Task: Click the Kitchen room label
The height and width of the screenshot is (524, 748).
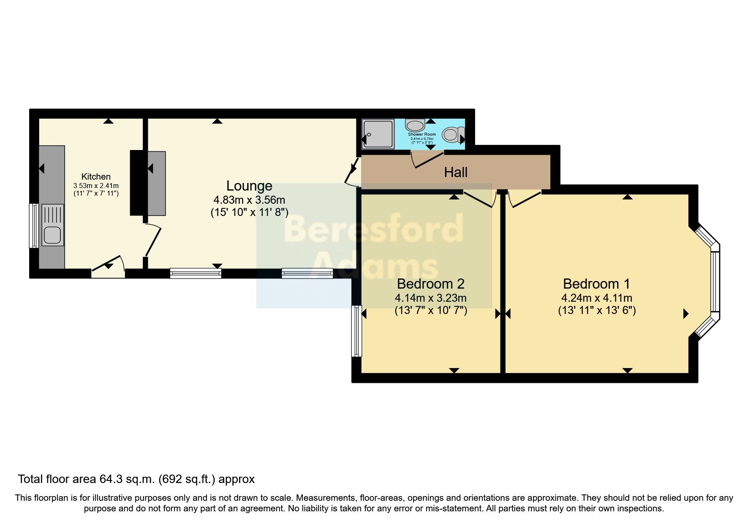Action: [x=96, y=177]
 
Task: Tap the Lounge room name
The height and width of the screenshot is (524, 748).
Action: [x=249, y=186]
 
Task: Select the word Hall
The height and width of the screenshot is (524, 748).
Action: [x=456, y=172]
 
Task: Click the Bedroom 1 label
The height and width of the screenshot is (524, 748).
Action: [x=596, y=284]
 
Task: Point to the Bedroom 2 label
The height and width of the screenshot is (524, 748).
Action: [x=431, y=284]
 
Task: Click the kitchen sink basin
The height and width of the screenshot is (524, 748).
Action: [x=52, y=235]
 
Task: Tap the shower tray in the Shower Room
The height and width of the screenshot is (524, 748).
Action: [x=378, y=134]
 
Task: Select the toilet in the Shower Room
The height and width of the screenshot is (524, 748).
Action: [x=451, y=135]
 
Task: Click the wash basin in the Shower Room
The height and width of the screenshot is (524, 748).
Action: [x=415, y=125]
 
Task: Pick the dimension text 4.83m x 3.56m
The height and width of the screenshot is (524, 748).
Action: [x=249, y=200]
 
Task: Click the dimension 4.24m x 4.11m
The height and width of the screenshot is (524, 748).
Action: [x=596, y=297]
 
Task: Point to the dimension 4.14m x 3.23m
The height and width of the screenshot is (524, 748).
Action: [x=431, y=297]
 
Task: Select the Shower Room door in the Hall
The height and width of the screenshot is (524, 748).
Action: [x=427, y=160]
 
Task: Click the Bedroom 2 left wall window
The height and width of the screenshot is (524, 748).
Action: [x=356, y=331]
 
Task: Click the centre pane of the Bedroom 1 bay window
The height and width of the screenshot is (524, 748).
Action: [x=715, y=282]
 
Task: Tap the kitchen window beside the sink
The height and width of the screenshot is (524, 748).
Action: [x=33, y=226]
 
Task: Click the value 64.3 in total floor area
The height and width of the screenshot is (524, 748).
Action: [x=111, y=479]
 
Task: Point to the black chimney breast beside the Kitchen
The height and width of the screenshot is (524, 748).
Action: [x=137, y=183]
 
